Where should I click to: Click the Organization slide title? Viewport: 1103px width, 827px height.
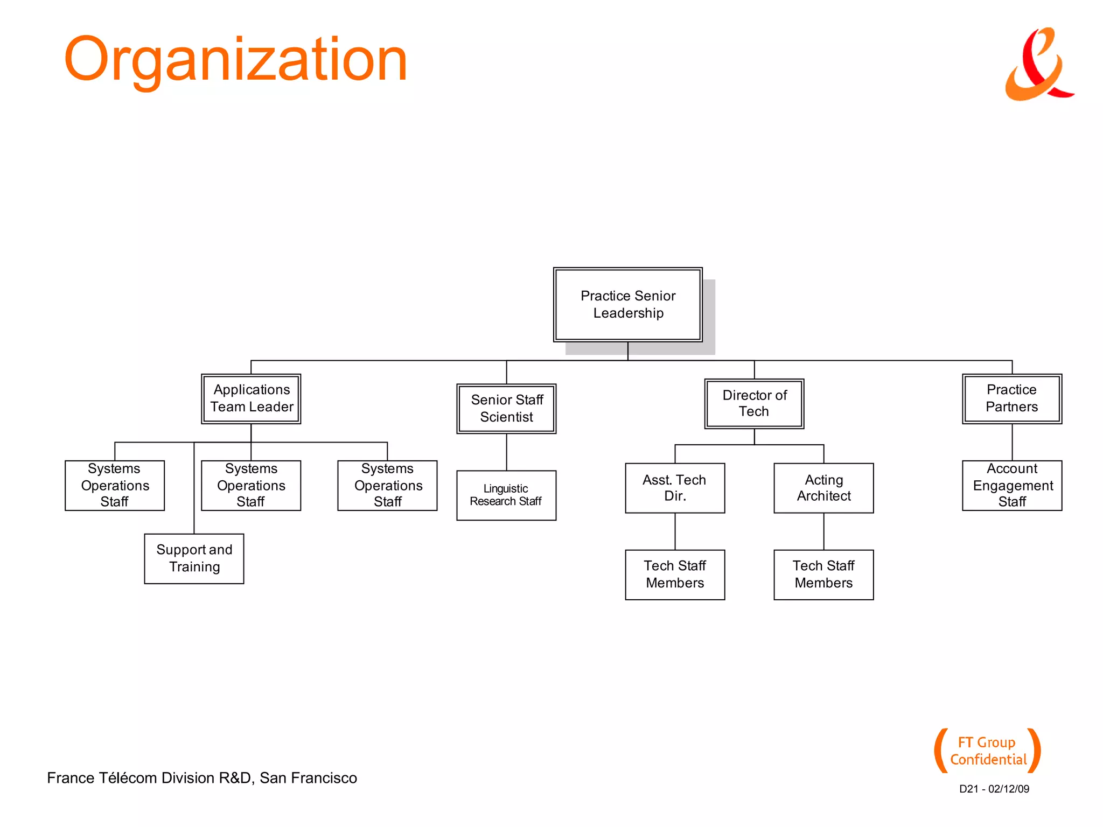235,59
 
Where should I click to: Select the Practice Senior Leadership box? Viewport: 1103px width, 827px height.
627,304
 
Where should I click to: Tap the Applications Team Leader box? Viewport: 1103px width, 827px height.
251,398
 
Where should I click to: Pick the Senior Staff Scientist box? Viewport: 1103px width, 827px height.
506,408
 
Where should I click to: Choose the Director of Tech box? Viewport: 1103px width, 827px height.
754,403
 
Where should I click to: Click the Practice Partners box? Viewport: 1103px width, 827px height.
1011,398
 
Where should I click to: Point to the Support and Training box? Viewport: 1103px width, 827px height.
194,558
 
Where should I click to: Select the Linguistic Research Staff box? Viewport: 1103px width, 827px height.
506,495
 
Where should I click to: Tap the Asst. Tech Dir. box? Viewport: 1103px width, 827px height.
674,488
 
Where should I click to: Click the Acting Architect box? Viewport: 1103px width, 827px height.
823,488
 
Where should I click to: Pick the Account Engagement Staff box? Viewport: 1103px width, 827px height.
1011,485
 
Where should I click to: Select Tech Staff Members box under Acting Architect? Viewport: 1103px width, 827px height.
823,574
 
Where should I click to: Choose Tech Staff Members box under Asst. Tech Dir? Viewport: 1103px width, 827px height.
674,574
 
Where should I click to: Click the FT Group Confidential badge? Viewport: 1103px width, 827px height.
987,751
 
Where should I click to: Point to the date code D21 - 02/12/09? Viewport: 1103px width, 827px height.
994,789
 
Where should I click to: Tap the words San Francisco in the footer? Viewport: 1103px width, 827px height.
308,778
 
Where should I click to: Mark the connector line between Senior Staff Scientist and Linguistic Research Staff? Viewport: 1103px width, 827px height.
506,452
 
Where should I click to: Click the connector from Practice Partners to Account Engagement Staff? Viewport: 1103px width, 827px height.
1012,442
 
